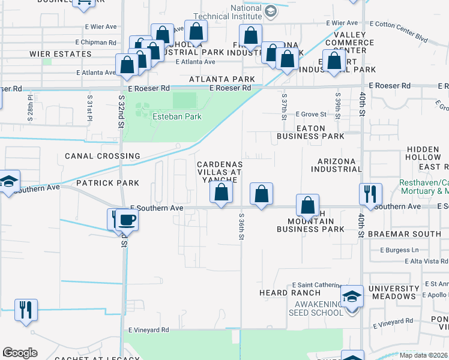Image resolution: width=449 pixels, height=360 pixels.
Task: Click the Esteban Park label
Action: [177, 116]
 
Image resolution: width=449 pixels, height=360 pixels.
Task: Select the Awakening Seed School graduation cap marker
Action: [352, 296]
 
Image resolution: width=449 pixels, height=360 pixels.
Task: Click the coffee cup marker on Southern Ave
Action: [127, 220]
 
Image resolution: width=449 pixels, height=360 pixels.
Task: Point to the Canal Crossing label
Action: [103, 156]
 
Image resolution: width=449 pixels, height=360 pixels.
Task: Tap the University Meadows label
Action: [394, 293]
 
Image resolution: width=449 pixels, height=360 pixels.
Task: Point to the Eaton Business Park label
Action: [310, 133]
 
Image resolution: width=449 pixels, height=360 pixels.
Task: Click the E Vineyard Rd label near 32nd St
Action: [149, 330]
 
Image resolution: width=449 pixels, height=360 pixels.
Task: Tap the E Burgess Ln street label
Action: [394, 250]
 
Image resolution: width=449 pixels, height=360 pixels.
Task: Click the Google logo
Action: [20, 353]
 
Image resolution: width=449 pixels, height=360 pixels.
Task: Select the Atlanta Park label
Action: [222, 79]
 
